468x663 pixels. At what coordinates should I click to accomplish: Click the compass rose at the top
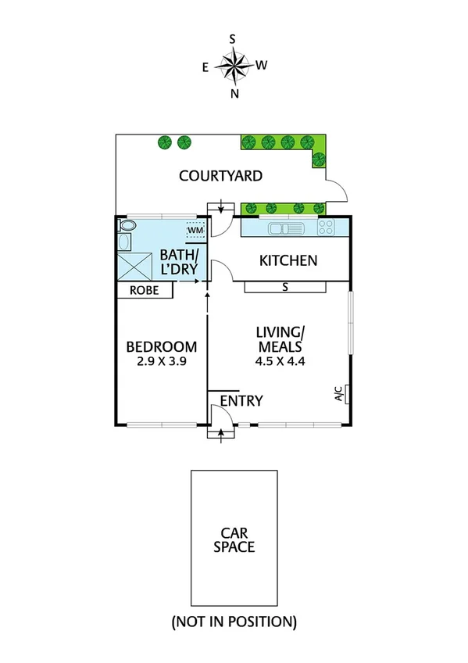pos(233,65)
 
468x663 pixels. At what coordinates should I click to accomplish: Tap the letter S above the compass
pos(233,38)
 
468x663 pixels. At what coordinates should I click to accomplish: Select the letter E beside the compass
pos(205,67)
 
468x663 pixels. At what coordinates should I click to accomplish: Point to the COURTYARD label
pos(220,176)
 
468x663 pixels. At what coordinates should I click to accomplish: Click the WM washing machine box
pos(195,231)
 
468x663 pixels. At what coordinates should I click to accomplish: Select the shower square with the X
pos(132,266)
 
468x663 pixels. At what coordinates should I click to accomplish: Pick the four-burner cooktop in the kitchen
pos(326,228)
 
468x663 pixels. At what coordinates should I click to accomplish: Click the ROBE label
pos(145,290)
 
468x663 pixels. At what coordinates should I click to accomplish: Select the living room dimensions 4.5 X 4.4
pos(279,361)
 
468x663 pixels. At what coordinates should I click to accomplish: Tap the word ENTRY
pos(241,401)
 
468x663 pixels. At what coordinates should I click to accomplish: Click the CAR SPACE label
pos(234,539)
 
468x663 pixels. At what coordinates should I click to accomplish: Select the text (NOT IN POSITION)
pos(234,622)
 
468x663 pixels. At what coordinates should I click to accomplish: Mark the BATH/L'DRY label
pos(179,263)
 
